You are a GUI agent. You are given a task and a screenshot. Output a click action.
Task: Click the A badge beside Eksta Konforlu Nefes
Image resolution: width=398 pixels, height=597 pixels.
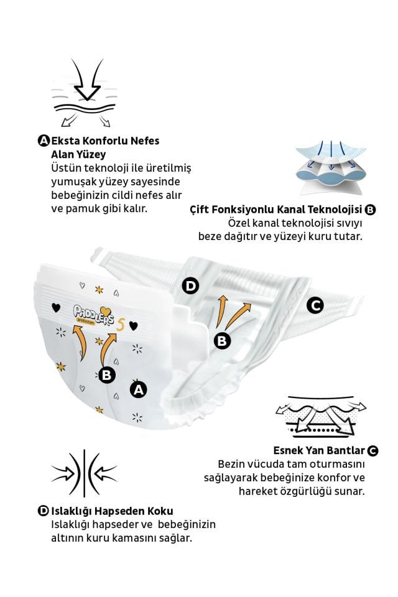[44, 141]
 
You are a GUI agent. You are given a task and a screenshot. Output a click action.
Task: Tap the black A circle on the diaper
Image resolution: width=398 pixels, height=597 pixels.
[138, 389]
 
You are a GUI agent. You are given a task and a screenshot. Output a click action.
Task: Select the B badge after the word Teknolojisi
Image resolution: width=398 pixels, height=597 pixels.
[371, 210]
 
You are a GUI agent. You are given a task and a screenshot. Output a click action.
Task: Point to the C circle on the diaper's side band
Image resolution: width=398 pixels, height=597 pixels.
[315, 305]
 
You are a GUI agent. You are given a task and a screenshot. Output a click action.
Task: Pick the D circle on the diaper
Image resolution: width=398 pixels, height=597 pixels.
[190, 286]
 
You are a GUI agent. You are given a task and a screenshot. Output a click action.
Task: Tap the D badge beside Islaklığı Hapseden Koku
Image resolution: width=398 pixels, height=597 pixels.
[44, 511]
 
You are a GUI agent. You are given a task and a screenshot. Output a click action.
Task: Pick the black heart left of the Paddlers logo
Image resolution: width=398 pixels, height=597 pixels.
[55, 307]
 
